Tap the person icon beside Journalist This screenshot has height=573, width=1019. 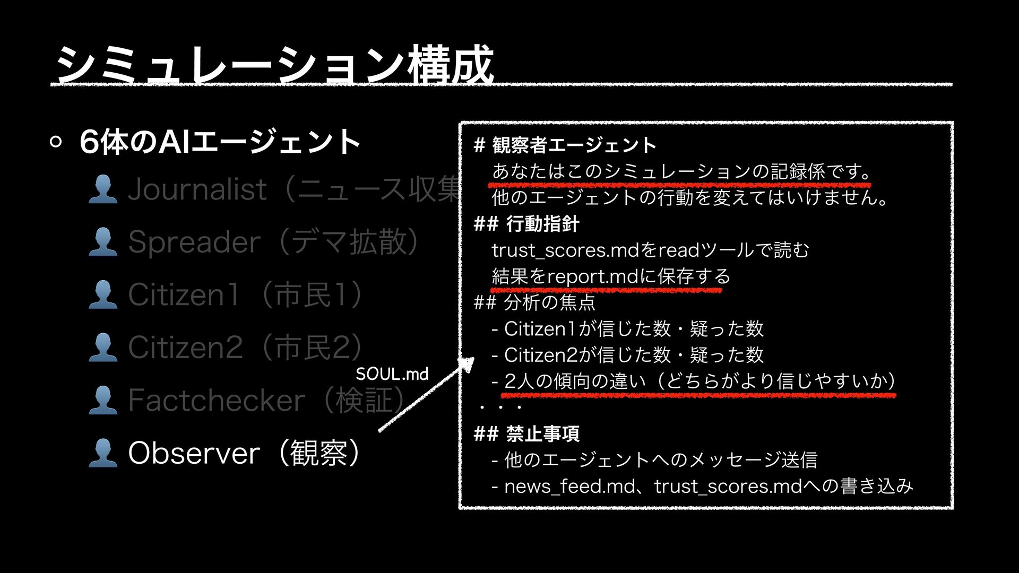(103, 189)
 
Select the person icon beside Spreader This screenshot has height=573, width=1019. (103, 242)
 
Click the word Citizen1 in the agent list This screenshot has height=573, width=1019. (184, 294)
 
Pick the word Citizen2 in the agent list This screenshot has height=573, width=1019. (185, 347)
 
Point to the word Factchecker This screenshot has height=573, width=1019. (217, 400)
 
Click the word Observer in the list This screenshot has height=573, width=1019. (194, 453)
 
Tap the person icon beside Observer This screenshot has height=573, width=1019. (103, 453)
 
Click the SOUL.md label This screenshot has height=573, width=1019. (392, 374)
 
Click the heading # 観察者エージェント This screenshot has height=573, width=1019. (565, 145)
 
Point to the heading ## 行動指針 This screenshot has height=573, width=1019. (526, 224)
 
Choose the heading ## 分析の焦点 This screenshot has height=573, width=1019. (534, 302)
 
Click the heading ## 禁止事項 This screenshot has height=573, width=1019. (526, 434)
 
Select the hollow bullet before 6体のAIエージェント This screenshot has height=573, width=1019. (56, 142)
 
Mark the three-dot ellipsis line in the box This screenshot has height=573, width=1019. (500, 407)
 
